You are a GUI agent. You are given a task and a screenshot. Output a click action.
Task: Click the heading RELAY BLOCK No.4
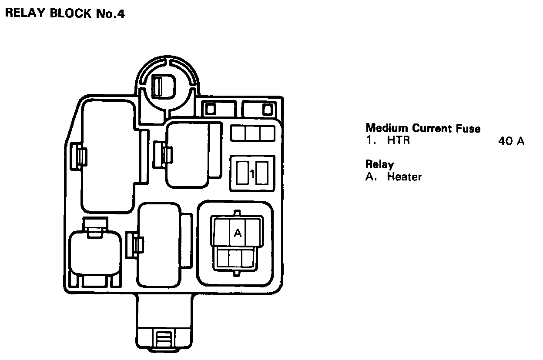pyautogui.click(x=65, y=13)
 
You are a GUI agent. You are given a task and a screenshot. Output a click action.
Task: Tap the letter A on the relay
pyautogui.click(x=238, y=233)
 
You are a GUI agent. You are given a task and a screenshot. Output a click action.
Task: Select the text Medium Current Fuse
pyautogui.click(x=423, y=128)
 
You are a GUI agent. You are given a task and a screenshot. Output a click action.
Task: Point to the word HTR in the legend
pyautogui.click(x=398, y=141)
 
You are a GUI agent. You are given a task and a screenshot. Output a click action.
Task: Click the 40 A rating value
pyautogui.click(x=512, y=141)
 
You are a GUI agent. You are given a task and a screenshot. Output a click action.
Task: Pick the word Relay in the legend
pyautogui.click(x=379, y=165)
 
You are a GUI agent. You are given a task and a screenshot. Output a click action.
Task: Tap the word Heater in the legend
pyautogui.click(x=404, y=177)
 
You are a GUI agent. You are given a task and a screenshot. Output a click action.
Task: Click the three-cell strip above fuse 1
pyautogui.click(x=252, y=133)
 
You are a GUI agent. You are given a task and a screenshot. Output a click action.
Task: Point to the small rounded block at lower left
pyautogui.click(x=95, y=252)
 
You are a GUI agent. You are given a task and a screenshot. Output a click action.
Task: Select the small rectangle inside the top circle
pyautogui.click(x=157, y=86)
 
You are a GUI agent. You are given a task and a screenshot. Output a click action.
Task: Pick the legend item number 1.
pyautogui.click(x=369, y=141)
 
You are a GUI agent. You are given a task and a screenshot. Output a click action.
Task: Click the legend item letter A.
pyautogui.click(x=370, y=177)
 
